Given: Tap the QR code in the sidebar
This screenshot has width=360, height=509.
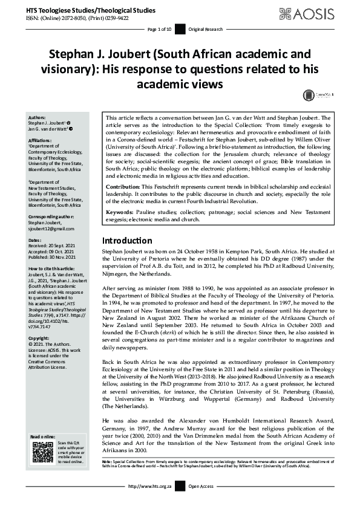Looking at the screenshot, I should point(41,452).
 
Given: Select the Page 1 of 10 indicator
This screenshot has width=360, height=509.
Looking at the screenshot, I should point(160,28).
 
